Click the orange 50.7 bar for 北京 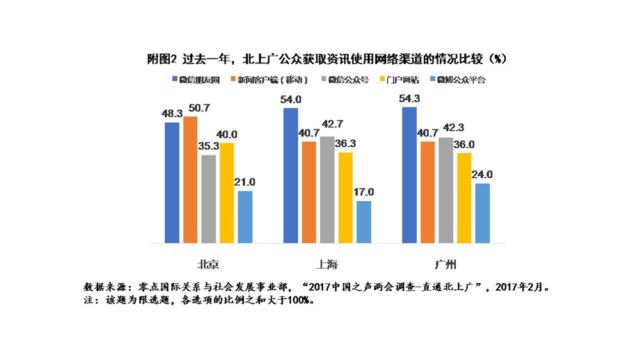[x=190, y=180]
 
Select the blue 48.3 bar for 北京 [x=172, y=183]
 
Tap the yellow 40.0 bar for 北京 [x=227, y=193]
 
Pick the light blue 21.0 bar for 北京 [x=245, y=217]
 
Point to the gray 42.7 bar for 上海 [x=327, y=190]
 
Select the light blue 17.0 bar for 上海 [x=363, y=222]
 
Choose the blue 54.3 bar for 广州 [x=409, y=175]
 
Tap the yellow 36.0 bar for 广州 [x=464, y=198]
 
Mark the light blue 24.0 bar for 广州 [x=483, y=213]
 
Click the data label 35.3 [x=208, y=146]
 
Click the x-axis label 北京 [x=208, y=265]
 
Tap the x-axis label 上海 [x=327, y=265]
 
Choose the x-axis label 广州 [x=445, y=265]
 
